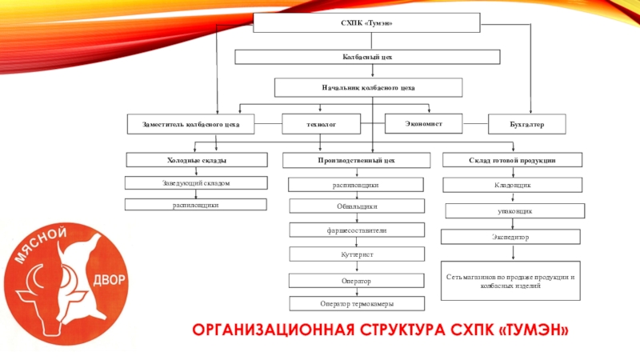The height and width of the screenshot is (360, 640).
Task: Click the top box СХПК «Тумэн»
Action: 366,23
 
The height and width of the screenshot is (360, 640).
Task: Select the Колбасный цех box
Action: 366,58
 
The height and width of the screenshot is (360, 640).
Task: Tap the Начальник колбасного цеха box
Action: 368,86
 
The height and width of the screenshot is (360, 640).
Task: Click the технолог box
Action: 321,125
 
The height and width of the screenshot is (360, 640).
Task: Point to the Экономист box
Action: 424,123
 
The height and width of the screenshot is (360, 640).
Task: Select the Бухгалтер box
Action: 526,125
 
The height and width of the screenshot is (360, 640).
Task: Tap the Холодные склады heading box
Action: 196,161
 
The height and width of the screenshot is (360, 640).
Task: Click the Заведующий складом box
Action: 196,184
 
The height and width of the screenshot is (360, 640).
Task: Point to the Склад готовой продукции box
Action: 512,161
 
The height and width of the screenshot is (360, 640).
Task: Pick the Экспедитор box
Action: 512,238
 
